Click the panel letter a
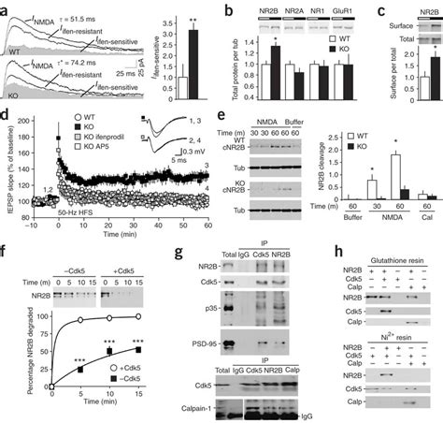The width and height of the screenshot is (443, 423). [6, 7]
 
